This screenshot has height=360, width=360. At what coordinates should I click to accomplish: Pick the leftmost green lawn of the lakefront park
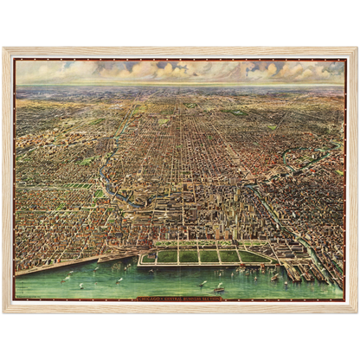pos(148,257)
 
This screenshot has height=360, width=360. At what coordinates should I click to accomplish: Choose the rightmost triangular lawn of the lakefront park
pos(259,256)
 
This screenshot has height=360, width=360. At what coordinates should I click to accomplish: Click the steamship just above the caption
pos(218,287)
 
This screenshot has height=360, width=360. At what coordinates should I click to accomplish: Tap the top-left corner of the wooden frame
pos(3,48)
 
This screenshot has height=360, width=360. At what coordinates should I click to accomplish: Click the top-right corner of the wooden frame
pos(357,48)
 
